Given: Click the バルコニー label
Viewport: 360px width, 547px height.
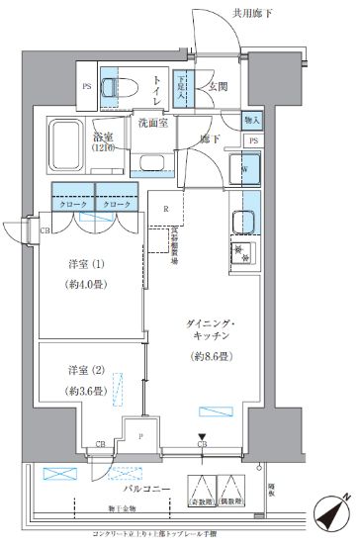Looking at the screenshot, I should [x=147, y=490].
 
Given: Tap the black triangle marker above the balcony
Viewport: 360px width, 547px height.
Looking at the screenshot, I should [x=202, y=436].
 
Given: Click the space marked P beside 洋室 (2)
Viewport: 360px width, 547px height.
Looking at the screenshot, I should [x=140, y=434].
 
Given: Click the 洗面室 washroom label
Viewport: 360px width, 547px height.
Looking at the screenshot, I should [x=150, y=123].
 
